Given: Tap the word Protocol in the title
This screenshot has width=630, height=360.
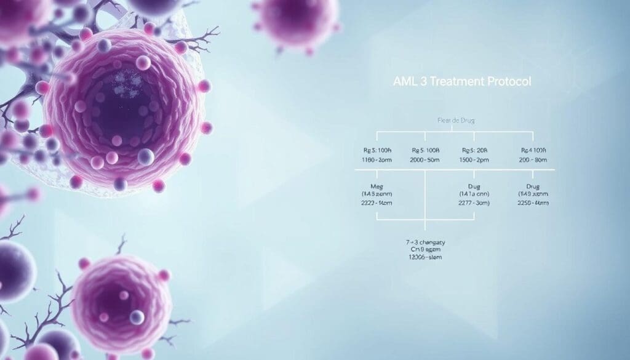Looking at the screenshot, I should (x=508, y=81).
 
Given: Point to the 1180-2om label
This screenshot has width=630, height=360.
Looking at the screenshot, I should (x=374, y=159).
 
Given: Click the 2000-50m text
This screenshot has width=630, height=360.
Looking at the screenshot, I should (x=425, y=159).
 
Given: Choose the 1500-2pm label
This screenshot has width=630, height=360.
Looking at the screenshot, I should (x=474, y=159).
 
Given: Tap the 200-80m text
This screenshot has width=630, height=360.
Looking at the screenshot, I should (x=533, y=159).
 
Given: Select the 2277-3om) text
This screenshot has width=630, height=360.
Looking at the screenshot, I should (x=474, y=202).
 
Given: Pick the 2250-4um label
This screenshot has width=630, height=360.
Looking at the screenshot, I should (x=533, y=202).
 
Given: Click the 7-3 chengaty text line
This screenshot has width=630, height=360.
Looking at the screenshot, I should (x=425, y=242).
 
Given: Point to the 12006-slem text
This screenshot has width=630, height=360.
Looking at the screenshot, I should (x=425, y=257).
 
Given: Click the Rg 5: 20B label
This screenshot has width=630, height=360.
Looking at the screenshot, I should (x=474, y=150).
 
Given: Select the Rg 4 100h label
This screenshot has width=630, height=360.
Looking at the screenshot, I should (x=533, y=150).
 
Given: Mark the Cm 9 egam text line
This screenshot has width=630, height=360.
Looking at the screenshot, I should (x=425, y=250).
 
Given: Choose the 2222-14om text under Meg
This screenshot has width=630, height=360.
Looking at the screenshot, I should (x=375, y=202).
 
